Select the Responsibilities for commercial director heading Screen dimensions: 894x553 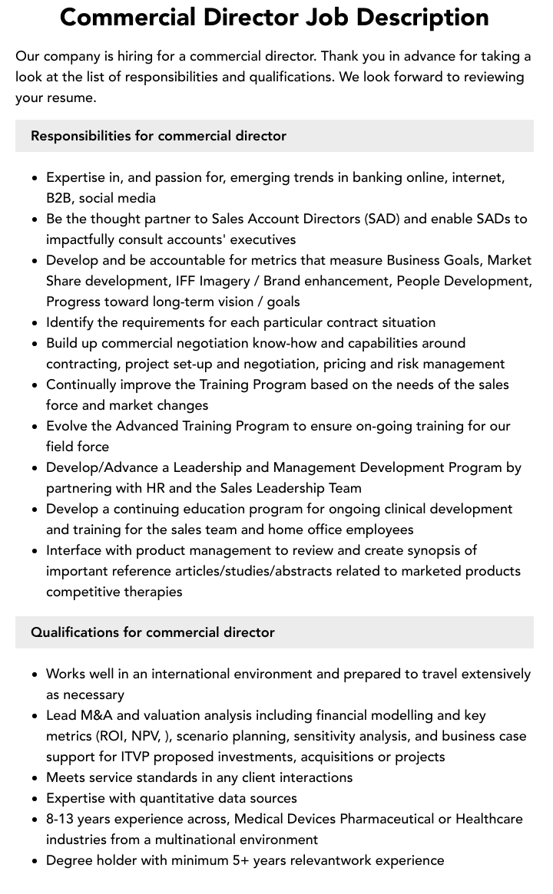tap(158, 136)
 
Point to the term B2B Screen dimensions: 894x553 tap(60, 198)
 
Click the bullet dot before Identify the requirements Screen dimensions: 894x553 tap(35, 323)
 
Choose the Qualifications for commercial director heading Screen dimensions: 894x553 tap(153, 632)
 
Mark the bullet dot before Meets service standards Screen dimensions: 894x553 tap(35, 778)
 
